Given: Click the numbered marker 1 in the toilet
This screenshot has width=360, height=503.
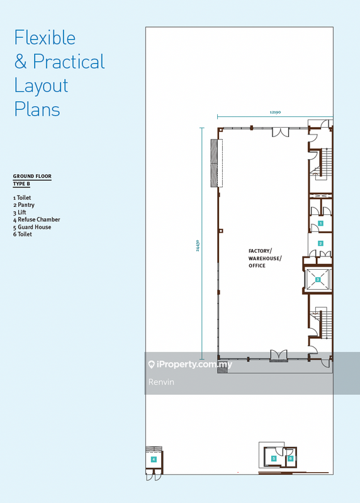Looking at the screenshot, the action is (x=320, y=223).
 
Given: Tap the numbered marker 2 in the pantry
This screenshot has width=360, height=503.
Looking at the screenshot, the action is (x=320, y=243).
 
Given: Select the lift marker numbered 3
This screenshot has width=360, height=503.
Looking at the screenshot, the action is (x=318, y=279).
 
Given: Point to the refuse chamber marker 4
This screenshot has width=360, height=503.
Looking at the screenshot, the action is (x=154, y=460).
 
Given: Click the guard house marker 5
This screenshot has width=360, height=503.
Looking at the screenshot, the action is (x=274, y=459).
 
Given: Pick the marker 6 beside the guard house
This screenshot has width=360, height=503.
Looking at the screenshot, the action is (x=290, y=459).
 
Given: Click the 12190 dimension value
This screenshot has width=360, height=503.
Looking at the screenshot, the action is (x=275, y=113).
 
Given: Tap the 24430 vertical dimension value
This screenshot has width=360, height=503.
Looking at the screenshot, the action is (x=198, y=245).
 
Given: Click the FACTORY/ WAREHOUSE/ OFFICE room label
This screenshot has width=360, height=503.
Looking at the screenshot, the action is (x=265, y=258).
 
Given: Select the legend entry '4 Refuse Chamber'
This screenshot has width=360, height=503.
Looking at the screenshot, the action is (x=37, y=219).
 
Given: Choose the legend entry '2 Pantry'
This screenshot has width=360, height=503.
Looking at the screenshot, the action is (x=24, y=205).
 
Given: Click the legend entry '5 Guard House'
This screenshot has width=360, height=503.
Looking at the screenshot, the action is (x=32, y=227).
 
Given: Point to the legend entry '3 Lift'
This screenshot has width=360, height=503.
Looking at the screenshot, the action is (x=20, y=213).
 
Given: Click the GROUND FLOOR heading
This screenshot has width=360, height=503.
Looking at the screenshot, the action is (x=32, y=176).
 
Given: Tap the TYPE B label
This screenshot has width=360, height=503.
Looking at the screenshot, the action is (x=21, y=184).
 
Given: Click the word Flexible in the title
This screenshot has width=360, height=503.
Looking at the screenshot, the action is (x=45, y=38).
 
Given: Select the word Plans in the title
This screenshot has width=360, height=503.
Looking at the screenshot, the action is (x=37, y=109).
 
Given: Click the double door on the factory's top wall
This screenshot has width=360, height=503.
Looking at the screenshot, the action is (x=280, y=132).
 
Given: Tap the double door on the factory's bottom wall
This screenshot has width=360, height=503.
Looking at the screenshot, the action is (x=278, y=355).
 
